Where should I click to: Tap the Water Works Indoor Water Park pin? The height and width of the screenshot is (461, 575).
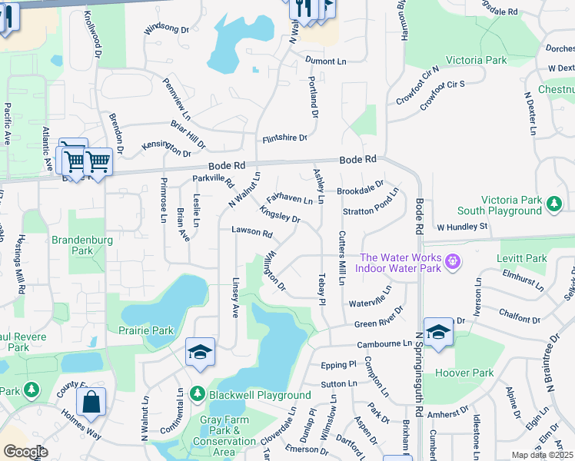pos(453,261)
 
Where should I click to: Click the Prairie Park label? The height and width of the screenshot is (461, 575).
pos(146,330)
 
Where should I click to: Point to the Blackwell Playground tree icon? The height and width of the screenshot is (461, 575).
pos(198,393)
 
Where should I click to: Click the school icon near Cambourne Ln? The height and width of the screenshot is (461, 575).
pos(438,332)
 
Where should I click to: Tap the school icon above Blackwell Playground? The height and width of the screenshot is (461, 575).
pos(200,352)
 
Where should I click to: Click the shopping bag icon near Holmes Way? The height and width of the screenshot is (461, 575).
pos(91,402)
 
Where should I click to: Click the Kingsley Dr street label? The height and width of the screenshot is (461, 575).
pos(280,214)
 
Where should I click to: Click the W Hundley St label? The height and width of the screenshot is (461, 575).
pos(463,227)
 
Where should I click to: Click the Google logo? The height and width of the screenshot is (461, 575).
pos(25,452)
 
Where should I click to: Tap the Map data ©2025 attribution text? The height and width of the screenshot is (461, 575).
pos(542,455)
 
